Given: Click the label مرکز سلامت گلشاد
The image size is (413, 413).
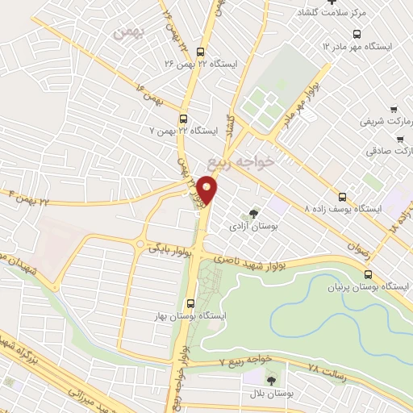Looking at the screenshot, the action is (333, 13).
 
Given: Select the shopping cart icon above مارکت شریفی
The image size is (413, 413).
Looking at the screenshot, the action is (393, 110).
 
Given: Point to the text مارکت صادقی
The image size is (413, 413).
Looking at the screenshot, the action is (390, 151).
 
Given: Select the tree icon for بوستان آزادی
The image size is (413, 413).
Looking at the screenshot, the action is (254, 214).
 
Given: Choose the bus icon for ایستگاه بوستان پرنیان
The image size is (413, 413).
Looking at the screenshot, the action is (368, 274).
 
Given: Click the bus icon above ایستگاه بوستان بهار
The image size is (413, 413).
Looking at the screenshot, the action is (190, 303).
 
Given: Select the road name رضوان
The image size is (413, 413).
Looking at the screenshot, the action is (362, 244).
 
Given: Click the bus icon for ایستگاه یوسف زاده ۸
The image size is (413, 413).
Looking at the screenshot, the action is (342, 196).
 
